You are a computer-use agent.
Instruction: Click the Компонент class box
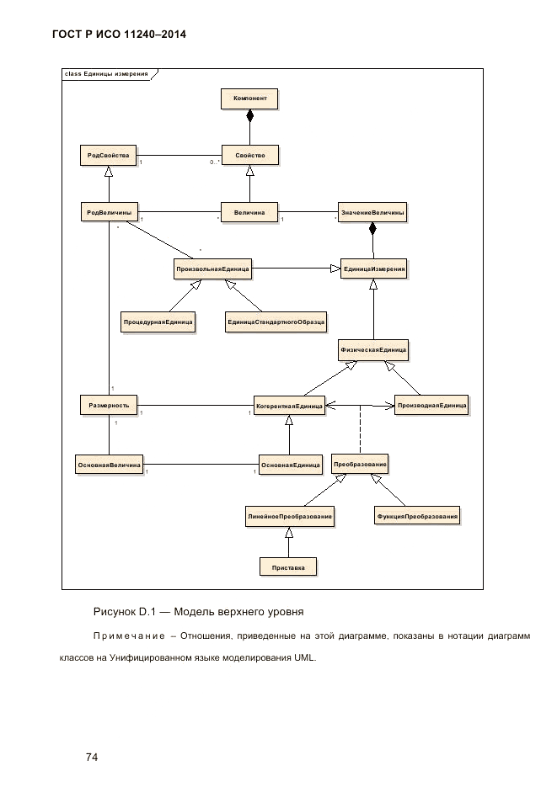[x=249, y=99]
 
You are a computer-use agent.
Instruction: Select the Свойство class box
[x=249, y=156]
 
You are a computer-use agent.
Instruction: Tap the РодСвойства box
[x=108, y=156]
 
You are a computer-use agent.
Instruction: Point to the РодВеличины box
[x=109, y=212]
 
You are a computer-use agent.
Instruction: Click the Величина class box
[x=249, y=212]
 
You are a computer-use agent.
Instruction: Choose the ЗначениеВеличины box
[x=372, y=212]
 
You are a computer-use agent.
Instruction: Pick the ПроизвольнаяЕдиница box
[x=212, y=269]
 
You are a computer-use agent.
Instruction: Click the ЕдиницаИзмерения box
[x=374, y=269]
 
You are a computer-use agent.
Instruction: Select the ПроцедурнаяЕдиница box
[x=158, y=322]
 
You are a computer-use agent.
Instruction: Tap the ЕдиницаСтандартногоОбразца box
[x=276, y=322]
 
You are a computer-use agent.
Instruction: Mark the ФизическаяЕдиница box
[x=372, y=348]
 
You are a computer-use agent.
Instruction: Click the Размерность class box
[x=109, y=405]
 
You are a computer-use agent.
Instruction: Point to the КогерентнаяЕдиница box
[x=289, y=406]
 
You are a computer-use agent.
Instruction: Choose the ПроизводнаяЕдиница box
[x=431, y=405]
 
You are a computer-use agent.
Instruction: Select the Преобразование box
[x=360, y=464]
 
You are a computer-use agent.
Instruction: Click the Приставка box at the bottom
[x=289, y=567]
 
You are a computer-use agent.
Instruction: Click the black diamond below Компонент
[x=249, y=117]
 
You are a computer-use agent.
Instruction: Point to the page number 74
[x=93, y=734]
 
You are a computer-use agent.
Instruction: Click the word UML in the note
[x=304, y=658]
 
